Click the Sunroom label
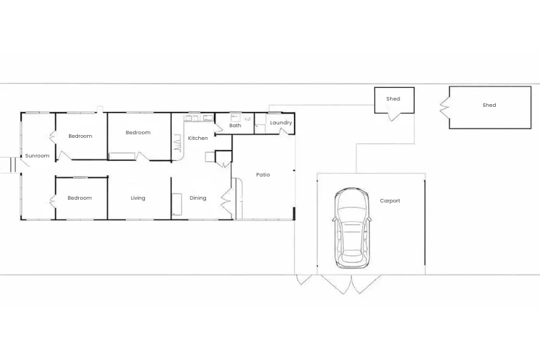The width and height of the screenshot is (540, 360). [x=37, y=155]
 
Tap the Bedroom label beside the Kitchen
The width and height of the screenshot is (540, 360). [x=138, y=133]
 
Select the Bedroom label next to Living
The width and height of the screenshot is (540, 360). [x=79, y=198]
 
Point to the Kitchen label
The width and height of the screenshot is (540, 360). [x=198, y=139]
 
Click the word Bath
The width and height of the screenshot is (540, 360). [x=235, y=126]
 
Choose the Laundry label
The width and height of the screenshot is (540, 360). [x=281, y=123]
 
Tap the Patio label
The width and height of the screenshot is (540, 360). [x=263, y=175]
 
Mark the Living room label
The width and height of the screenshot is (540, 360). [x=138, y=198]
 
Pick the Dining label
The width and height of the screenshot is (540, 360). [x=198, y=198]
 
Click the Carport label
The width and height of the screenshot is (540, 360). [x=390, y=201]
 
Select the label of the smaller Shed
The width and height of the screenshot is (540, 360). [x=393, y=99]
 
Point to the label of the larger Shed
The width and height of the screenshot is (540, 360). [x=489, y=105]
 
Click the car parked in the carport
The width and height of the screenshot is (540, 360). [x=351, y=228]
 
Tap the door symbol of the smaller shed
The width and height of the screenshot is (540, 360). [x=393, y=116]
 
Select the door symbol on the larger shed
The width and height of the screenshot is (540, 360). [x=444, y=108]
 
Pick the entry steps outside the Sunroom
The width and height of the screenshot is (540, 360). [x=8, y=165]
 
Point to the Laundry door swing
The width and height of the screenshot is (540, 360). [x=284, y=131]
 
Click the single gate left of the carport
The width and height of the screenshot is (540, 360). [x=305, y=279]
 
